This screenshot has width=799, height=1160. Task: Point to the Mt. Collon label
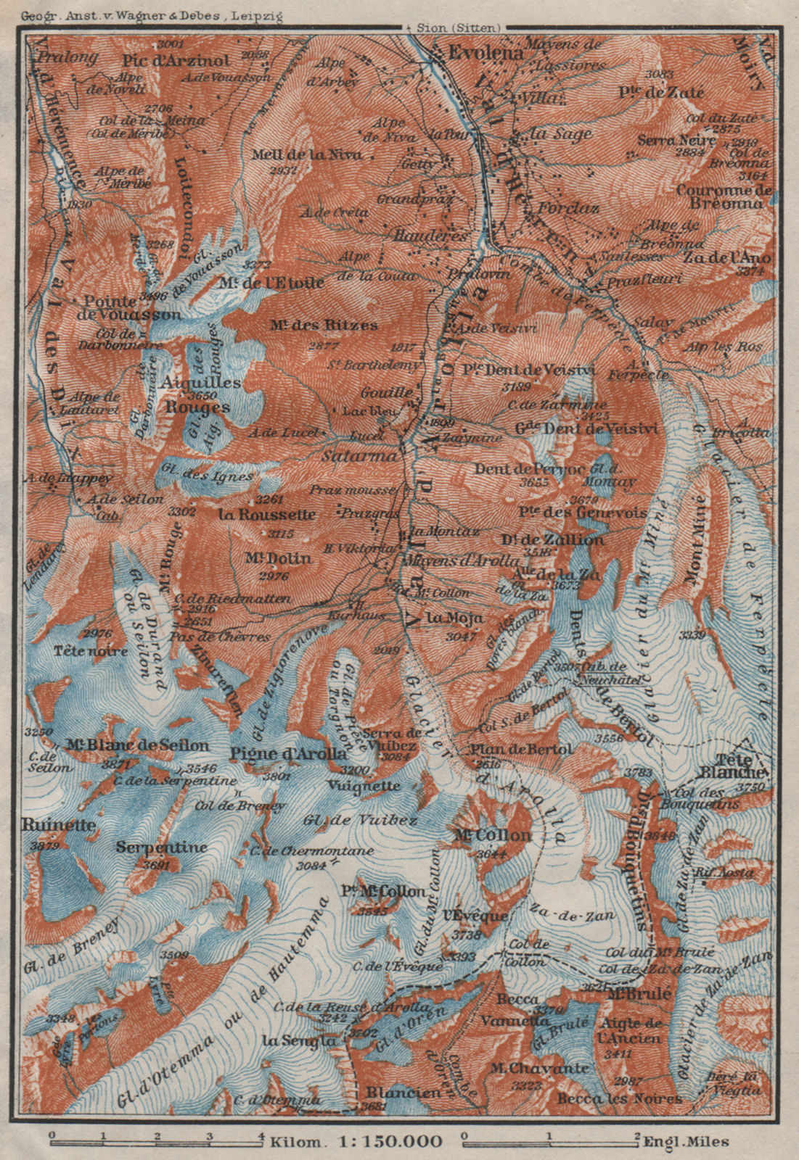(492, 835)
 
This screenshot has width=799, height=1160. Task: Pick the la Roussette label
(266, 514)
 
